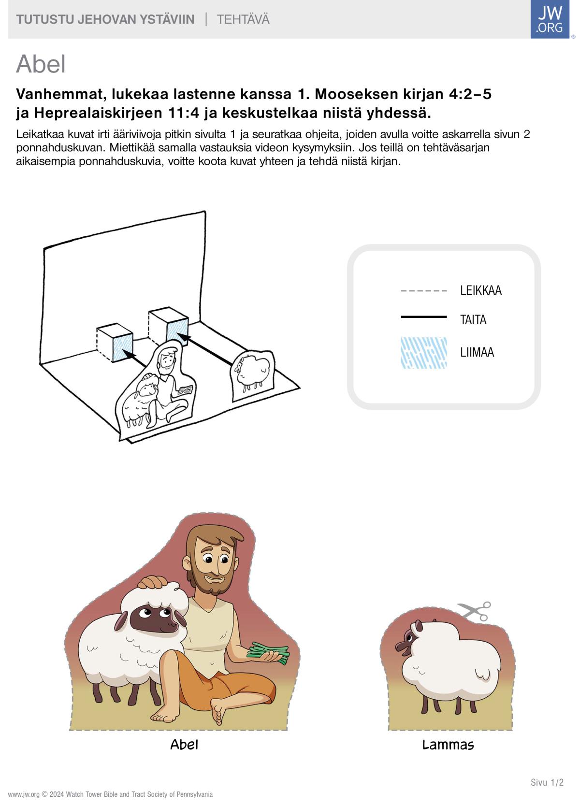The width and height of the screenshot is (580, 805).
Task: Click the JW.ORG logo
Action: point(550,19)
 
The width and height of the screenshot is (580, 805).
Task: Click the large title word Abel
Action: point(41,64)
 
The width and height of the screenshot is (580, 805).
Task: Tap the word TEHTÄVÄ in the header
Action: point(243,19)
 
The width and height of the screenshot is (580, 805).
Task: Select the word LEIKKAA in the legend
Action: point(481,290)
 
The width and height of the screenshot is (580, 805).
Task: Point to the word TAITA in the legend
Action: point(473,319)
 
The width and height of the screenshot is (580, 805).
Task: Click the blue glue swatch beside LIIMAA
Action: point(424,353)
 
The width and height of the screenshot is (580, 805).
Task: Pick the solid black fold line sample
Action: point(424,316)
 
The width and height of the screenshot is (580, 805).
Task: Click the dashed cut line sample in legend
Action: point(424,290)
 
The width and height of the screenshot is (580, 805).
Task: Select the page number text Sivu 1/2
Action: point(547,782)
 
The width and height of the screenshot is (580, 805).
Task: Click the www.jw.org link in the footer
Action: point(24,794)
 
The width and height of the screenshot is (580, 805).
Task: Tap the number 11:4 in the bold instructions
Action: point(183,113)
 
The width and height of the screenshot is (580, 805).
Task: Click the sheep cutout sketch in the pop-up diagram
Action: point(252,375)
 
